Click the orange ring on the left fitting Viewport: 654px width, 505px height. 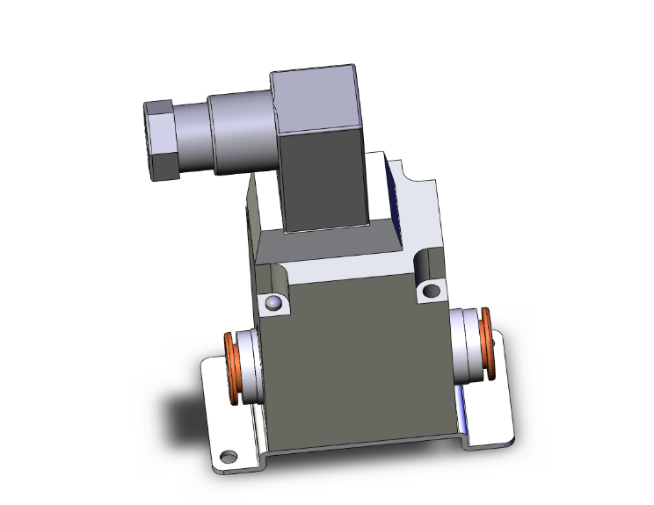(234, 369)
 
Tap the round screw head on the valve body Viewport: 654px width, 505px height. (274, 304)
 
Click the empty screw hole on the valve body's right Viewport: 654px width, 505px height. (431, 290)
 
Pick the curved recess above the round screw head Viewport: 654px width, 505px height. (275, 279)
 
